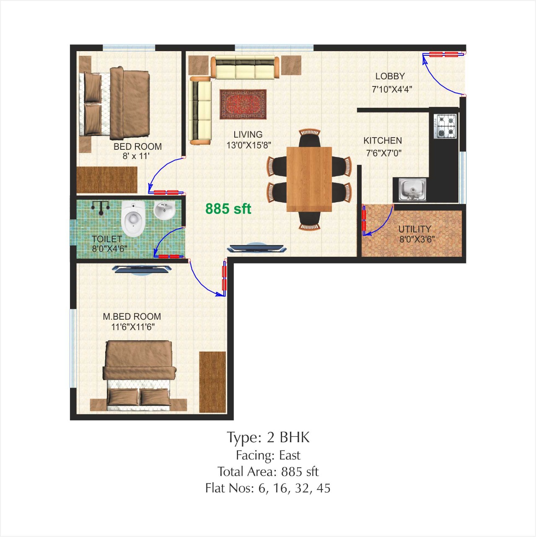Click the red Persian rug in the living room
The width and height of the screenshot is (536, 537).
pyautogui.click(x=243, y=104)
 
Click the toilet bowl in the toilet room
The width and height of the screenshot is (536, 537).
pyautogui.click(x=133, y=219)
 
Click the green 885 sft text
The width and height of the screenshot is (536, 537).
pyautogui.click(x=228, y=209)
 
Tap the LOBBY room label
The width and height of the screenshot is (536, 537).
pyautogui.click(x=390, y=76)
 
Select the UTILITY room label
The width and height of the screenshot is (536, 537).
pyautogui.click(x=414, y=229)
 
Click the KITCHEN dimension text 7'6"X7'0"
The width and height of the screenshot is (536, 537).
pyautogui.click(x=383, y=153)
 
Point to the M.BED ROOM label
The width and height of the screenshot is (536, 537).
pyautogui.click(x=132, y=317)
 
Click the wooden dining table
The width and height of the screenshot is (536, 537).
pyautogui.click(x=309, y=179)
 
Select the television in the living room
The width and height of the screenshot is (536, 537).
pyautogui.click(x=256, y=248)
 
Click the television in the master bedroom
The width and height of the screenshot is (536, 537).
pyautogui.click(x=142, y=269)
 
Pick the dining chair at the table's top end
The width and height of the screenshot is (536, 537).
pyautogui.click(x=309, y=137)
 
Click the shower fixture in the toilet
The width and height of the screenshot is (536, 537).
pyautogui.click(x=101, y=208)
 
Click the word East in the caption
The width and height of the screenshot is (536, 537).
pyautogui.click(x=290, y=456)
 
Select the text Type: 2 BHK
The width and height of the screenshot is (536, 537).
pyautogui.click(x=268, y=437)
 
